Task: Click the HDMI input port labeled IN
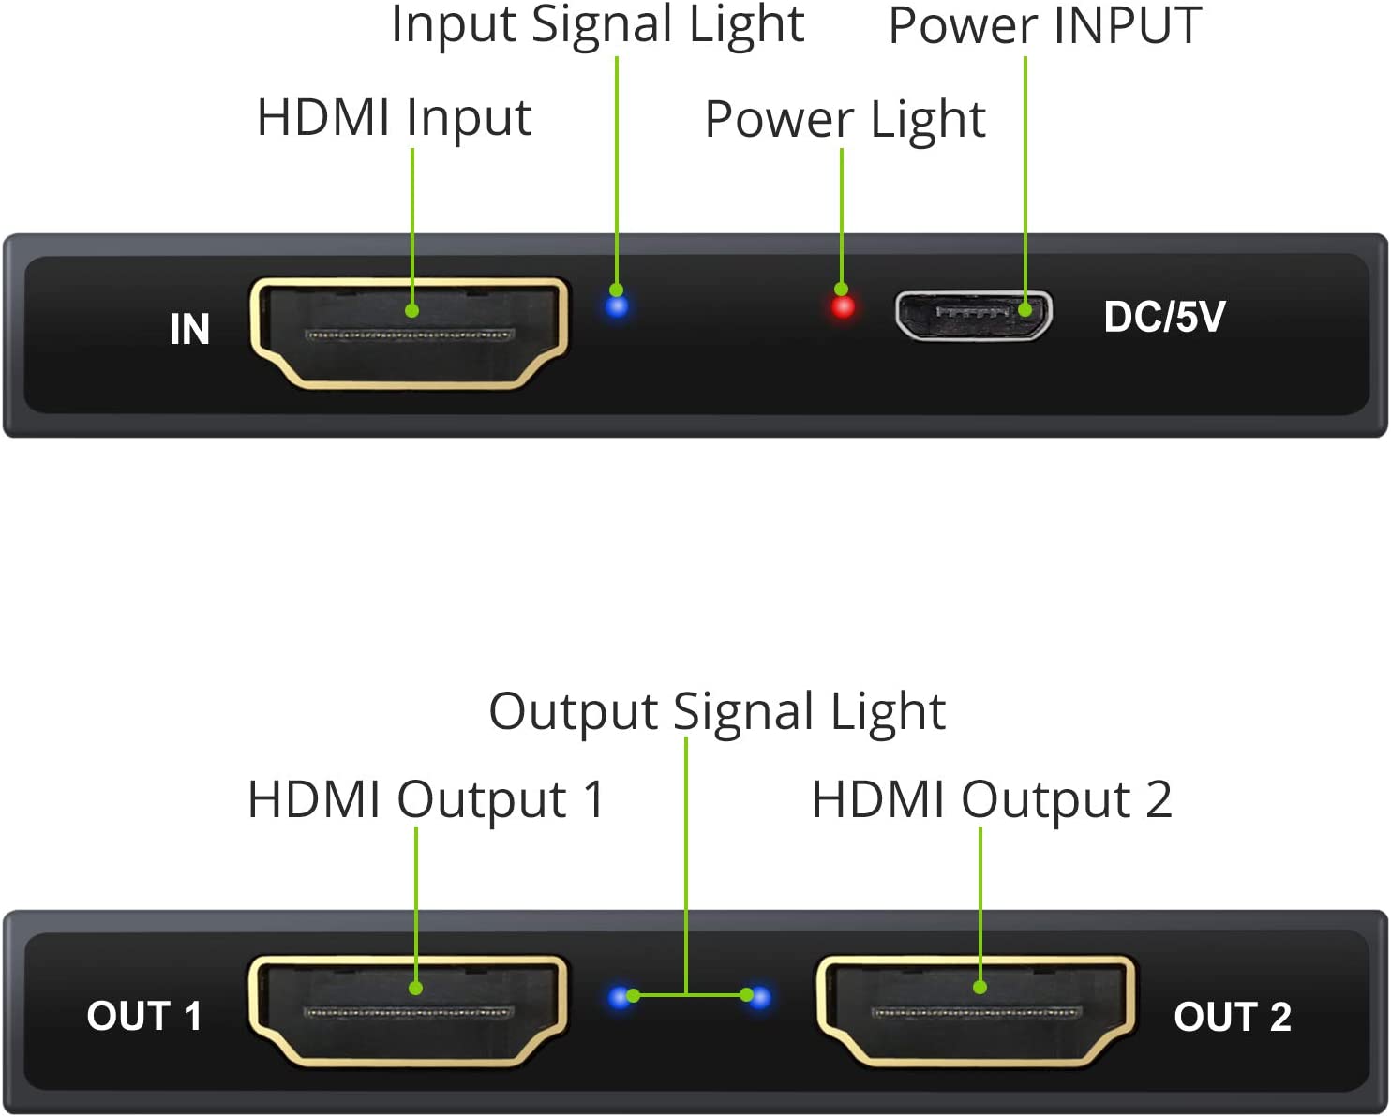409,334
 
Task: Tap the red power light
843,307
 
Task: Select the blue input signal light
617,306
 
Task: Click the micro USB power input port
974,316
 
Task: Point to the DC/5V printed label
1164,317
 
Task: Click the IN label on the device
189,329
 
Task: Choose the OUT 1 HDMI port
408,1011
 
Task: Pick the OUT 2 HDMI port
976,1011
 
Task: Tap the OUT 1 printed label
143,1016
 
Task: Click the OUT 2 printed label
1232,1017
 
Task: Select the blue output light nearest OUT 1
621,997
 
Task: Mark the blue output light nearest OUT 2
759,997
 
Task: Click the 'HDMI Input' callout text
395,119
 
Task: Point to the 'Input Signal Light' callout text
598,27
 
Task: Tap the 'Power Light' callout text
845,121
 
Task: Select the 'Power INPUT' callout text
1045,26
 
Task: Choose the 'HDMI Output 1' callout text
426,800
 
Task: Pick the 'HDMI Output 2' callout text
993,800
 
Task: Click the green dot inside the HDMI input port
411,311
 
